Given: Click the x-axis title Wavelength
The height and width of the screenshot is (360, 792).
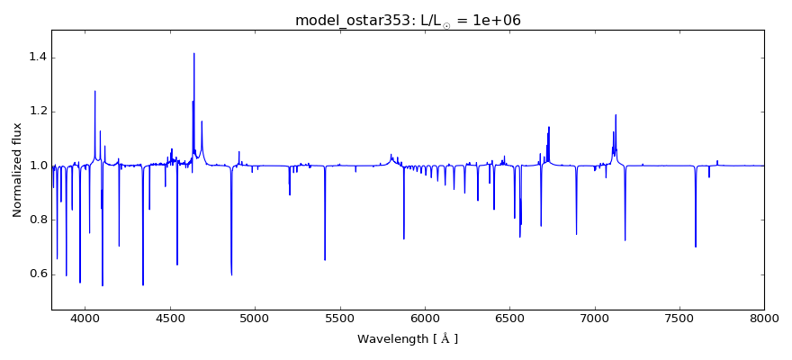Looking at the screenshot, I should click(x=408, y=339).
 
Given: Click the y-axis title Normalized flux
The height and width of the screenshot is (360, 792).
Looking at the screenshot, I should click(x=17, y=170).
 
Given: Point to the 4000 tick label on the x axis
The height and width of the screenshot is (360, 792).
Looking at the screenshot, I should click(x=85, y=318).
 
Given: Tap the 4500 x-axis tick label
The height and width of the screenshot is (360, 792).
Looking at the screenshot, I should click(x=170, y=318).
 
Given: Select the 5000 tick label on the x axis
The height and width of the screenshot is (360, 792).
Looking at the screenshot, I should click(x=255, y=318).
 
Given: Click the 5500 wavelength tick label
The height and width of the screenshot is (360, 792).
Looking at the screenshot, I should click(x=339, y=318).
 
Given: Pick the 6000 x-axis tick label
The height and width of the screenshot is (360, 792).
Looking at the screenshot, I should click(x=425, y=318).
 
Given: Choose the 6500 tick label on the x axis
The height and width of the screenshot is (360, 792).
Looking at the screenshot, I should click(x=509, y=318).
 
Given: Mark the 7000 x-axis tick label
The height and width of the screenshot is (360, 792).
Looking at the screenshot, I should click(x=594, y=318).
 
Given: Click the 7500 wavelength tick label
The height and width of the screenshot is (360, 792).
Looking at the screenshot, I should click(x=679, y=318).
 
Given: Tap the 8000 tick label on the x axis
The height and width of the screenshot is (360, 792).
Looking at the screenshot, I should click(x=764, y=318).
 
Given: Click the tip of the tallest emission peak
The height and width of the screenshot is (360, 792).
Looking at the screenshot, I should click(x=193, y=53).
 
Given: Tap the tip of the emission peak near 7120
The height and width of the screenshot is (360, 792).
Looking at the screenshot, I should click(x=616, y=114).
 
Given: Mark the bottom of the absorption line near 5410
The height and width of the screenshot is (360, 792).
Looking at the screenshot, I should click(x=325, y=260).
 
